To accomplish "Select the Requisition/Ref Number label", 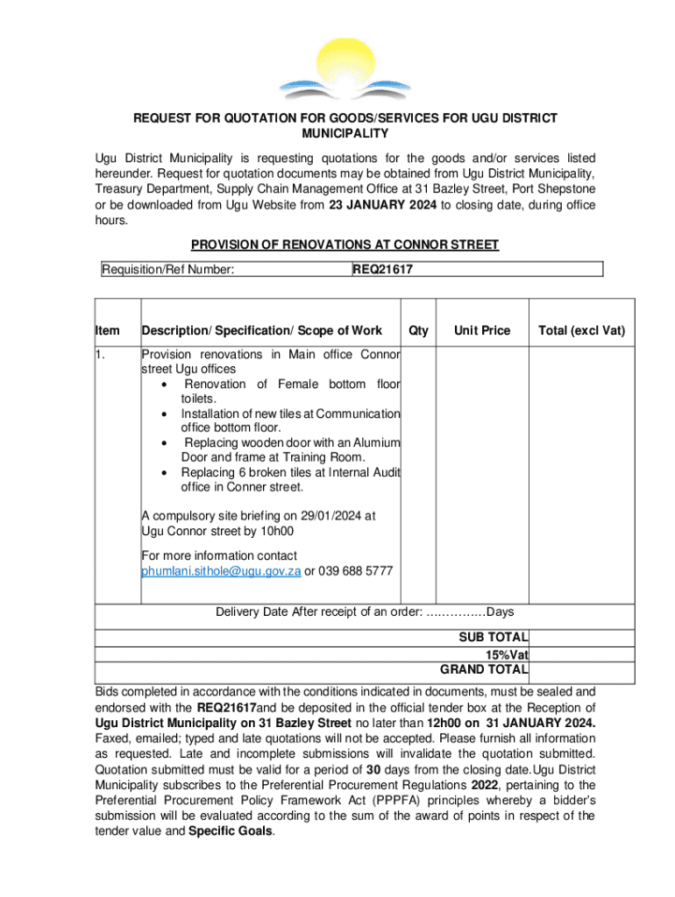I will [167, 270].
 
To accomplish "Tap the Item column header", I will [108, 330].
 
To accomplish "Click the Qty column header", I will [419, 330].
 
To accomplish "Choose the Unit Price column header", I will [481, 330].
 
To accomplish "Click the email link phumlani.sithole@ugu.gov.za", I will [221, 570].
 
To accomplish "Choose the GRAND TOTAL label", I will [483, 670].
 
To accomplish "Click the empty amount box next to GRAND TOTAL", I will [581, 671].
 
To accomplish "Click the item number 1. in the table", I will [102, 355].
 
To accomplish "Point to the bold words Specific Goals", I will [231, 832].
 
